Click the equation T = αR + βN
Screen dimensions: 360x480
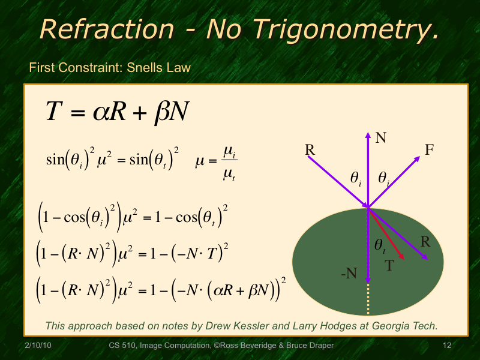(118, 112)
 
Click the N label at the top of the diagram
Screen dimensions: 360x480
(380, 138)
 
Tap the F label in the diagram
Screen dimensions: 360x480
(429, 151)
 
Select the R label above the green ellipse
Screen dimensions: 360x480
(310, 149)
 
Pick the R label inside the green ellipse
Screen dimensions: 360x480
(425, 242)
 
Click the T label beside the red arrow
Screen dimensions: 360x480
(389, 265)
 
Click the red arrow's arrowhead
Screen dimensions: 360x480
(403, 256)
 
